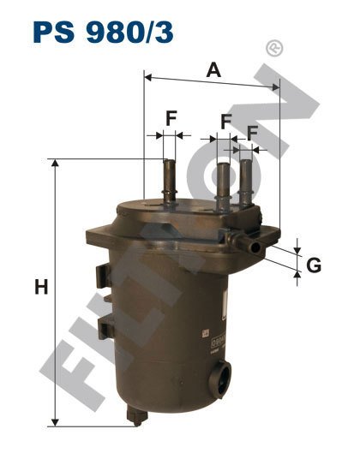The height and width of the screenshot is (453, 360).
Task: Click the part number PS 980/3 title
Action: coord(103,32)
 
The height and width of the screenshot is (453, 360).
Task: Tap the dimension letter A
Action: coord(213,70)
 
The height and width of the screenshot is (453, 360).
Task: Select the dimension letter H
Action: coord(41,288)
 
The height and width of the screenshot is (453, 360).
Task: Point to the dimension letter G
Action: coord(314,265)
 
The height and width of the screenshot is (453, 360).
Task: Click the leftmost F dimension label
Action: coord(171,118)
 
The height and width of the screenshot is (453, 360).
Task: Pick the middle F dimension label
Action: coord(226,122)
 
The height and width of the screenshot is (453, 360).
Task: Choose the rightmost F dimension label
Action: coord(252,133)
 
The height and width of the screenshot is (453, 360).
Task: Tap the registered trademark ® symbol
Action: coord(274,48)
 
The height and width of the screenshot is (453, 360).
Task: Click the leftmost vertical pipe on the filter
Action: coord(170,182)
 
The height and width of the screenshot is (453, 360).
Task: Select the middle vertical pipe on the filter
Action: coord(223,186)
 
